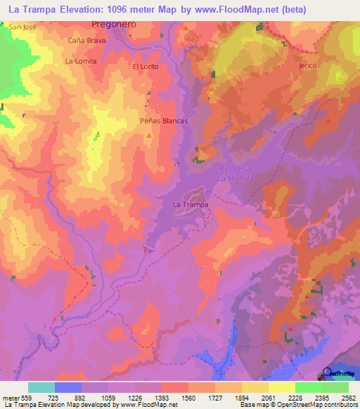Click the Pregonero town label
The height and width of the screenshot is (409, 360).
tap(113, 23)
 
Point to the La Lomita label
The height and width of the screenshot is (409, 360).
tap(80, 61)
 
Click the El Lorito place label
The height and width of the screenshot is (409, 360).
tap(146, 66)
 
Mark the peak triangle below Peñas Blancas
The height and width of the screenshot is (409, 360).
tap(148, 134)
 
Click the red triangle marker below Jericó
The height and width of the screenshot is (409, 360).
tap(328, 121)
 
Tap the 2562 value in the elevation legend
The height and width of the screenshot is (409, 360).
tap(347, 397)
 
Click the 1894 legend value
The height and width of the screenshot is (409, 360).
tap(242, 397)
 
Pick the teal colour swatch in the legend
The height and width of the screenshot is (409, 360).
tap(41, 387)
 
